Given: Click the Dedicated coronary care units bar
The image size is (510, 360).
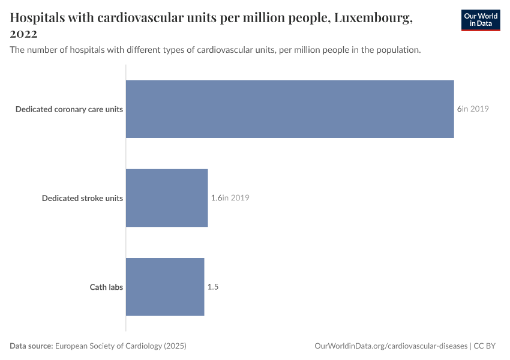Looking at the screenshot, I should (x=290, y=109).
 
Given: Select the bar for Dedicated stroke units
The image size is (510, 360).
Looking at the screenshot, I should (x=167, y=198).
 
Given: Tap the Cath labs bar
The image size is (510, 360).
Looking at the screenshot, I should (x=165, y=287).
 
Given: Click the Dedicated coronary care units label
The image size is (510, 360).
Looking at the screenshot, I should (x=69, y=109).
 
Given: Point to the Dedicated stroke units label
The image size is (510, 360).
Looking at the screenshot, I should (x=82, y=198).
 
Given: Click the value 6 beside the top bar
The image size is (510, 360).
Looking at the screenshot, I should (x=459, y=109).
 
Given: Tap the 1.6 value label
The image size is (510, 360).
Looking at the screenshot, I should (x=216, y=198).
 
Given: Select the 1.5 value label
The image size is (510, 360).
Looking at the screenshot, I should (x=213, y=287).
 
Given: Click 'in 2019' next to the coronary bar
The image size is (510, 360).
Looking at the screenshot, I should (x=476, y=109).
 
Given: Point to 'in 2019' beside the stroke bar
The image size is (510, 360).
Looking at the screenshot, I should (x=236, y=198).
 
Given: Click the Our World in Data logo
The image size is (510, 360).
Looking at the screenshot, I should (x=481, y=20).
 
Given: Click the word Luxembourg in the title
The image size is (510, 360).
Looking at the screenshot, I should (x=373, y=18).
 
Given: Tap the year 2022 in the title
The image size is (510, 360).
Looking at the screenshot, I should (x=23, y=34).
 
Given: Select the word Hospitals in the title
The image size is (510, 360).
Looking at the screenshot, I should (x=41, y=18).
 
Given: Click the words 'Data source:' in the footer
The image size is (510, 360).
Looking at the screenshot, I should (x=31, y=346).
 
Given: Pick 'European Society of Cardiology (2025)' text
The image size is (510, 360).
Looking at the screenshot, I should (x=121, y=346).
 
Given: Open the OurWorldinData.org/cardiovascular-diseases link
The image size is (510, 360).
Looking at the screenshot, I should (x=391, y=346).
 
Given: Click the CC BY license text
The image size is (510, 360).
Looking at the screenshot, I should (x=485, y=346).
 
